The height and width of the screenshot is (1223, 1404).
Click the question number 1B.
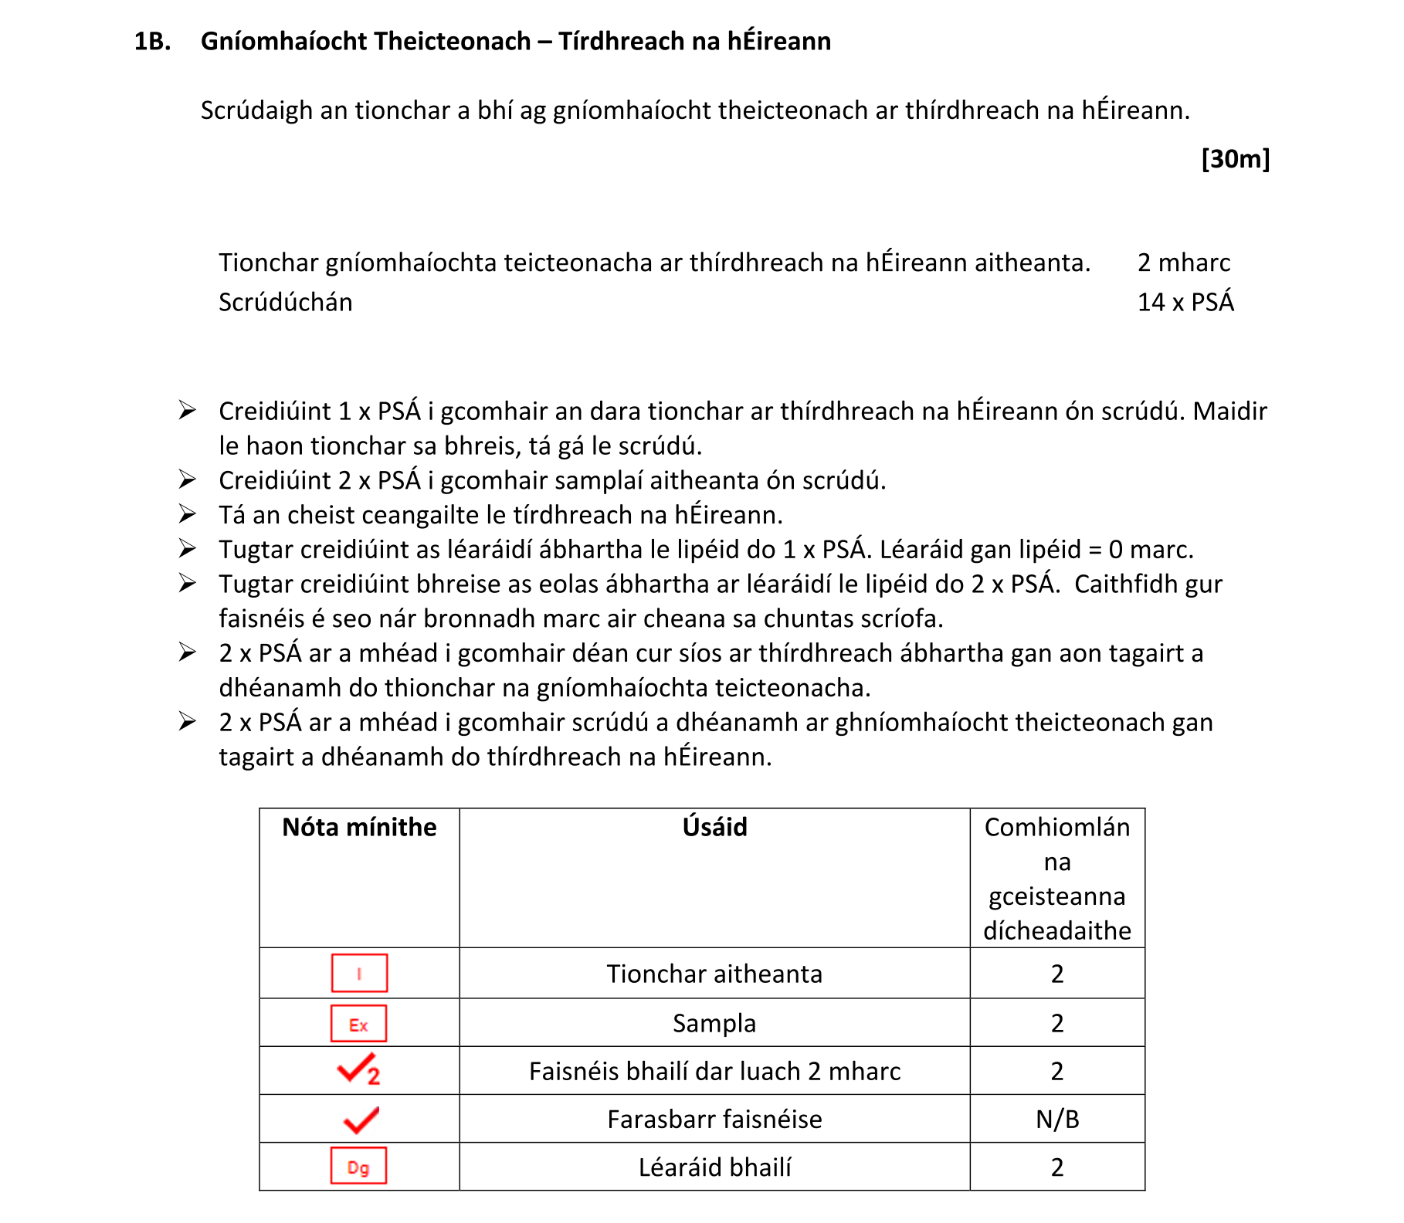tap(152, 41)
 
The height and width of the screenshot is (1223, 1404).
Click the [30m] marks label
tap(1235, 158)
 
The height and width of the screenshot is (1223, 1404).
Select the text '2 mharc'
tap(1183, 263)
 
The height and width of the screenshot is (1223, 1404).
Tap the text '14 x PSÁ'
tap(1185, 302)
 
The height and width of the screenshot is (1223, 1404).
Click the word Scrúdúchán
tap(285, 302)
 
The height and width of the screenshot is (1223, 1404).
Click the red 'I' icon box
tap(359, 973)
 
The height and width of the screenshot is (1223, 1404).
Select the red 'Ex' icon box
tap(358, 1024)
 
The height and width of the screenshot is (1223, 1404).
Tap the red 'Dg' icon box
tap(358, 1166)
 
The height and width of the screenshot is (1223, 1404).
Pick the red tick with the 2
tap(358, 1070)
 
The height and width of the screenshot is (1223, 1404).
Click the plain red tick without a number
tap(360, 1119)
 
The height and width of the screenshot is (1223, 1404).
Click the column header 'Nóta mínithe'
tap(359, 827)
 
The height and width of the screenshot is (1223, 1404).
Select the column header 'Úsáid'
tap(714, 827)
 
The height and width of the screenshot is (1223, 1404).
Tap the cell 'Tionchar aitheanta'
tap(714, 974)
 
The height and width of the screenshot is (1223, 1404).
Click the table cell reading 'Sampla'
tap(714, 1023)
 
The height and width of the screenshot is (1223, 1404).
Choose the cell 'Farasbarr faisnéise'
tap(714, 1119)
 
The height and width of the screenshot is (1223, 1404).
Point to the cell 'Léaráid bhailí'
tap(714, 1167)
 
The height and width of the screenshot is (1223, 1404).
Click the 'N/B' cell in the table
tap(1056, 1119)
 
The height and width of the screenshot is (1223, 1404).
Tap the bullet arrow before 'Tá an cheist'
tap(187, 513)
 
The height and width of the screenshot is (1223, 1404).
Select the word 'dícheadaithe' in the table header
tap(1056, 930)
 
